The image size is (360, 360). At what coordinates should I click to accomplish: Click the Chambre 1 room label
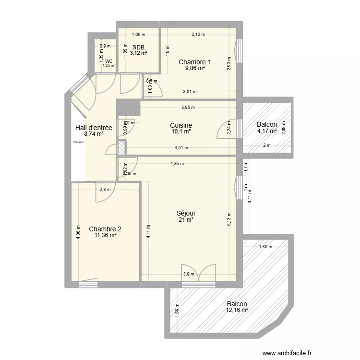click(195, 62)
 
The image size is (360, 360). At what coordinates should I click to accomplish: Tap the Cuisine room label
click(181, 125)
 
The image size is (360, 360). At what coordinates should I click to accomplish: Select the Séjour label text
click(186, 213)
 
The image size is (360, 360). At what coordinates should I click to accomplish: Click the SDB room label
click(139, 47)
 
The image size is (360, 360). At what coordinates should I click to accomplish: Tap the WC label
click(109, 61)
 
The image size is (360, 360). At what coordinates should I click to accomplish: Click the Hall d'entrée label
click(94, 128)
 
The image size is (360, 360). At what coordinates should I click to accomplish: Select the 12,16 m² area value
click(237, 310)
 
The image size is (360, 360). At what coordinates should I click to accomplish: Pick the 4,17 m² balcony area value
click(267, 131)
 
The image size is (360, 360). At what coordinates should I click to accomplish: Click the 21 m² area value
click(186, 220)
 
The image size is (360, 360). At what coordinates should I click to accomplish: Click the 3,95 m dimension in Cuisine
click(188, 107)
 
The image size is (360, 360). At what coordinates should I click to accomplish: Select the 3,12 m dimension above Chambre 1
click(198, 35)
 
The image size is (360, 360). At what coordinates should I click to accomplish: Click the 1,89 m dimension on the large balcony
click(265, 247)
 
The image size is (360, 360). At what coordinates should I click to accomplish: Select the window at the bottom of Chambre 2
click(88, 284)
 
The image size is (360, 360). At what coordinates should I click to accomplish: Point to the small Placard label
click(78, 142)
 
